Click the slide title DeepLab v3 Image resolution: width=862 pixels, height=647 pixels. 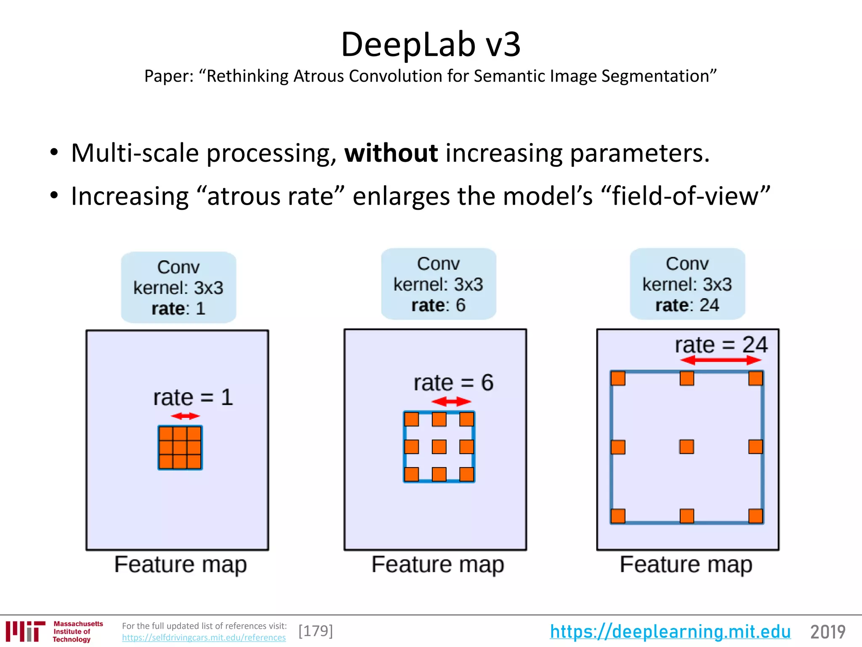[431, 44]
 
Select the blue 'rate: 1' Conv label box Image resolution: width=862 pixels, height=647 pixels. [178, 288]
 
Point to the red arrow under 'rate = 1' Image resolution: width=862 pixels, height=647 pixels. [185, 416]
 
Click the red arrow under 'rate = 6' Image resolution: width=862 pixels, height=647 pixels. [451, 401]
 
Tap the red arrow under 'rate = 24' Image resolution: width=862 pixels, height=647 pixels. [721, 360]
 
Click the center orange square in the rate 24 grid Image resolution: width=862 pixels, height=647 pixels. [686, 446]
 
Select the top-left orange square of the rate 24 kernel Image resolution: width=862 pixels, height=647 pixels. [618, 378]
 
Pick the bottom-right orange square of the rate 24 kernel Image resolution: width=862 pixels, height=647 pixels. [756, 516]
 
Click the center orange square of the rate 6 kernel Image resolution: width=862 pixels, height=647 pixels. [439, 446]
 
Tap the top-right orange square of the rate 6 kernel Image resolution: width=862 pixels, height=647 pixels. [466, 419]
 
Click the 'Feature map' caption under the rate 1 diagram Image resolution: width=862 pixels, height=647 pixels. [181, 564]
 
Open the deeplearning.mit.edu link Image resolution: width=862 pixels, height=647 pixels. [670, 631]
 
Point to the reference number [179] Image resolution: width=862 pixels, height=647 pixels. [316, 631]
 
